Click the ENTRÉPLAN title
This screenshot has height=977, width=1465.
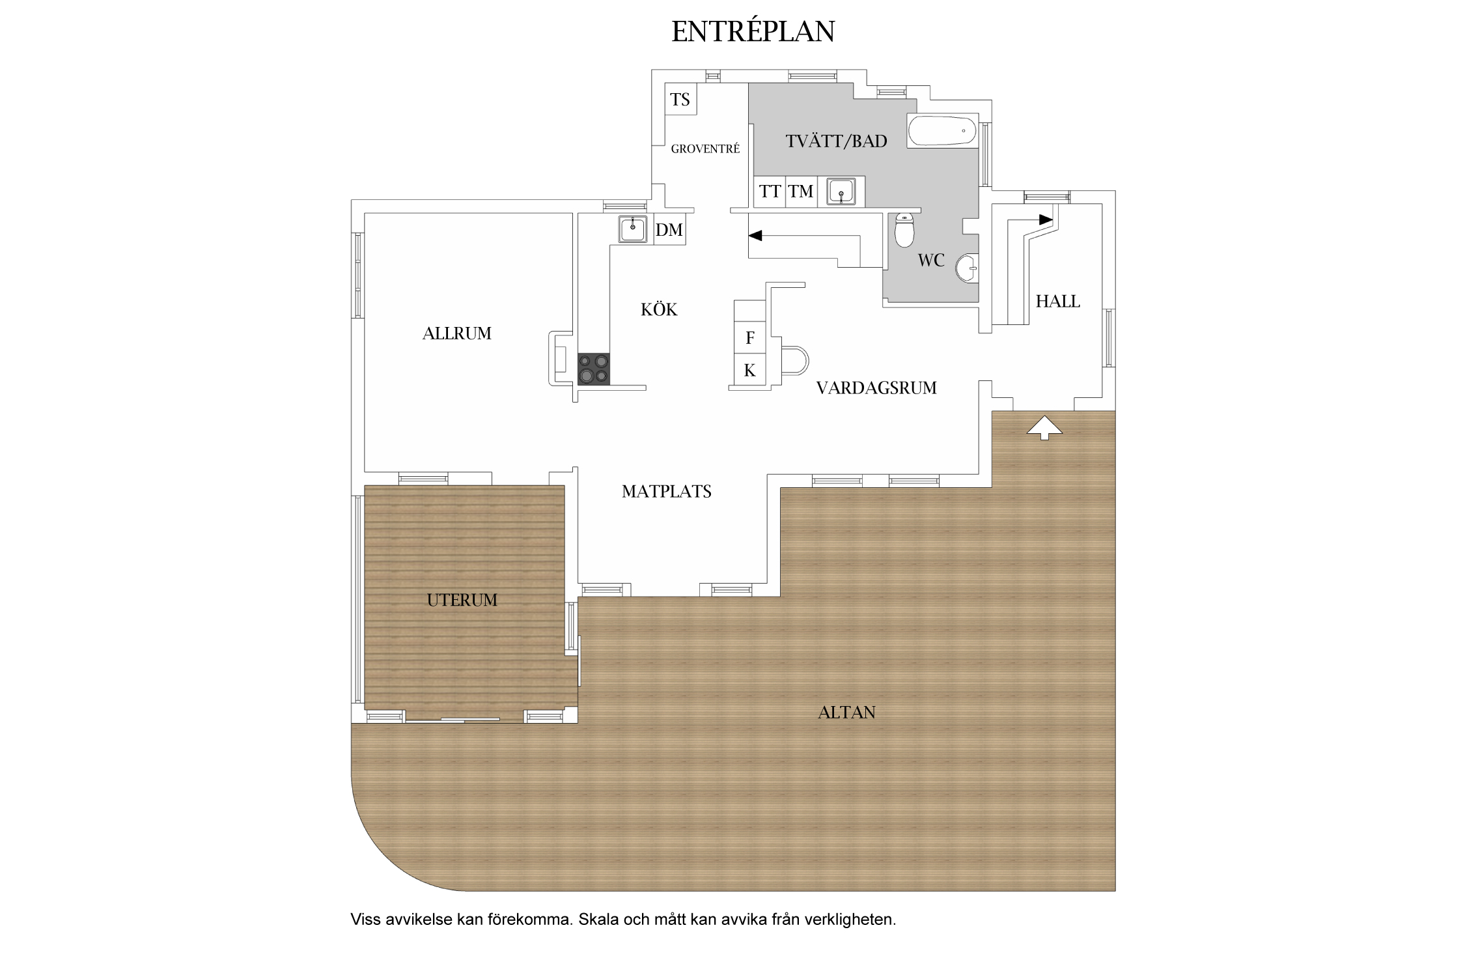coord(753,31)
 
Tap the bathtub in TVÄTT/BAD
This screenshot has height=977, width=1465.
coord(942,131)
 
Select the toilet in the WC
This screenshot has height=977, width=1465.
coord(904,230)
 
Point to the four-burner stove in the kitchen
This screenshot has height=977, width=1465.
coord(594,369)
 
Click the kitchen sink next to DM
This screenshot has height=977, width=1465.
coord(632,229)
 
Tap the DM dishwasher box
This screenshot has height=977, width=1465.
coord(669,230)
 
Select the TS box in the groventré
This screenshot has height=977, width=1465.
coord(680,100)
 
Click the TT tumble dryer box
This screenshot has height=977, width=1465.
coord(770,191)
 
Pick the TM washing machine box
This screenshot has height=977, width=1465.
coord(802,191)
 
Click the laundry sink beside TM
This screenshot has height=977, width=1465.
coord(841,192)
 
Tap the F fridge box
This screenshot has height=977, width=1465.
coord(750,337)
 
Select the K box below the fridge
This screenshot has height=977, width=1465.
coord(750,370)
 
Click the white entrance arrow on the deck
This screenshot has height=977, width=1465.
coord(1044,428)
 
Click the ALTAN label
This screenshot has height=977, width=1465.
coord(846,713)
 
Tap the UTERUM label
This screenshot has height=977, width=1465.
coord(462,600)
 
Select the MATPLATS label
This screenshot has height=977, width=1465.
coord(667,491)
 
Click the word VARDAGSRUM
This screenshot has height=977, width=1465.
coord(876,388)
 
